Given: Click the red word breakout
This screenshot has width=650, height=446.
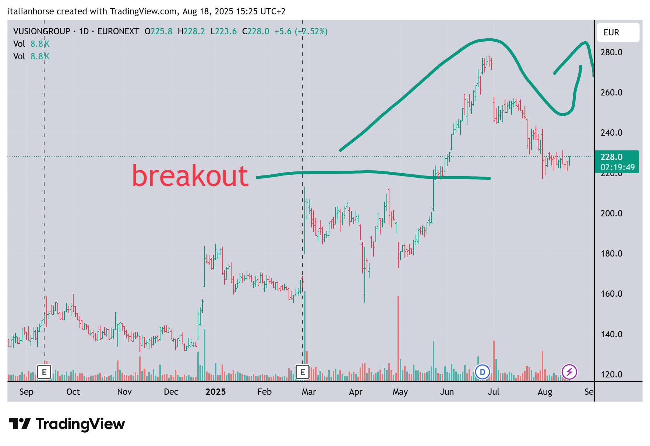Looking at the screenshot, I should (x=190, y=176).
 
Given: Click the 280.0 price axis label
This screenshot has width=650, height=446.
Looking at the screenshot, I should (x=611, y=52).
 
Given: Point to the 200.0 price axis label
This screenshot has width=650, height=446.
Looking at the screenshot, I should (x=611, y=213).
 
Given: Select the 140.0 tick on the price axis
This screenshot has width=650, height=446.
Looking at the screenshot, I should (x=611, y=334).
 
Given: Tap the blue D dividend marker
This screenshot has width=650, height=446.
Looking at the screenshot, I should (x=482, y=372).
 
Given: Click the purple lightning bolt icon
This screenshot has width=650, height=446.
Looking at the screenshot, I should (x=569, y=372).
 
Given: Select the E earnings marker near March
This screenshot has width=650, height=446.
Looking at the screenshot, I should (x=303, y=372).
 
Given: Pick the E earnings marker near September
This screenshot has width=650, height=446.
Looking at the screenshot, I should (x=44, y=372).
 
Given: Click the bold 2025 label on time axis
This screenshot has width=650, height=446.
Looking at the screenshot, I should (x=216, y=392).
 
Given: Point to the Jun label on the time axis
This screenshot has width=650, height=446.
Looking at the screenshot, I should (x=447, y=392).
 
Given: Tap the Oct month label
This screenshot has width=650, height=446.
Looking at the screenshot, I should (x=73, y=392).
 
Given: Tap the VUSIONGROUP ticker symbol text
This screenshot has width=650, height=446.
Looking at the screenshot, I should (x=42, y=31).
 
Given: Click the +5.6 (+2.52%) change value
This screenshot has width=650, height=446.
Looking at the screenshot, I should (x=301, y=31).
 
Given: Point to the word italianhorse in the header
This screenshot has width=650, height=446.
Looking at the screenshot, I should (x=31, y=11).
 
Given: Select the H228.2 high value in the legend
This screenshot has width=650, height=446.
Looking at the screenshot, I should (x=191, y=31).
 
